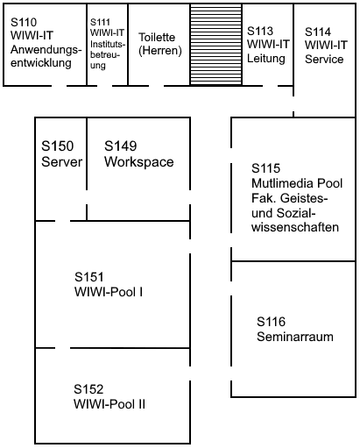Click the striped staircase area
(x=215, y=45)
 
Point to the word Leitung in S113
(x=267, y=59)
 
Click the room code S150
(x=58, y=146)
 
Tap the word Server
(x=61, y=161)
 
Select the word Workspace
(x=138, y=161)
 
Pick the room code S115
(x=266, y=167)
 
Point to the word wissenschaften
(x=294, y=227)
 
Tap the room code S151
(x=91, y=276)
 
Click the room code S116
(x=272, y=322)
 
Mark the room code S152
(x=89, y=388)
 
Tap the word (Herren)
(x=159, y=51)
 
